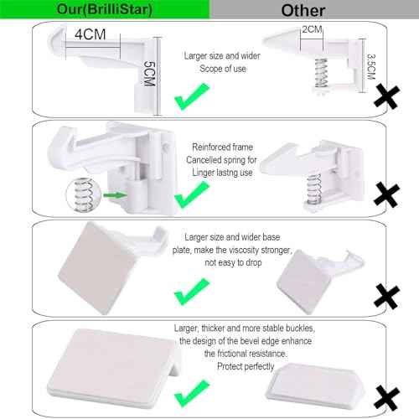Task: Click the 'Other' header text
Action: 305,9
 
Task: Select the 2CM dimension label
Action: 310,29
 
